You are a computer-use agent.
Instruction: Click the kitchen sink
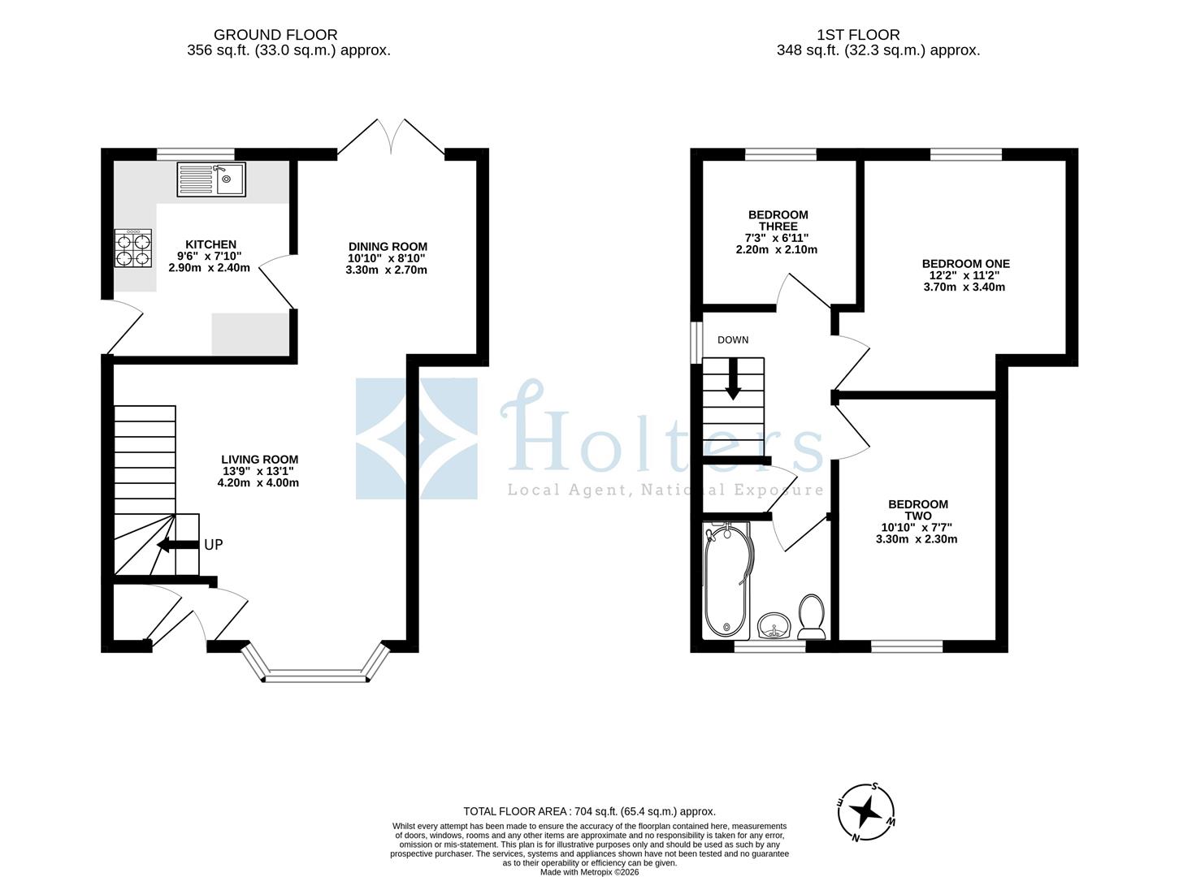point(211,179)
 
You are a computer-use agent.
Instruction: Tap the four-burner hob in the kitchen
point(133,248)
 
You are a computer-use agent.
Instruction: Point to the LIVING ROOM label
point(259,460)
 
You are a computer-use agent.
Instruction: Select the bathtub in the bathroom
point(726,581)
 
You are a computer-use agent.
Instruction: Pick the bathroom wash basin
point(774,626)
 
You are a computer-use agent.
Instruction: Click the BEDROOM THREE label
point(778,220)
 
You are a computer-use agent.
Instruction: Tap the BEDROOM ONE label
point(965,264)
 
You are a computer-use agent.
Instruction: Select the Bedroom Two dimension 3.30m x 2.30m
point(917,539)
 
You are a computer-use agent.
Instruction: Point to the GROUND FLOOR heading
point(275,35)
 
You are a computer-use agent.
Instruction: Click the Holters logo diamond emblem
point(417,438)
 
